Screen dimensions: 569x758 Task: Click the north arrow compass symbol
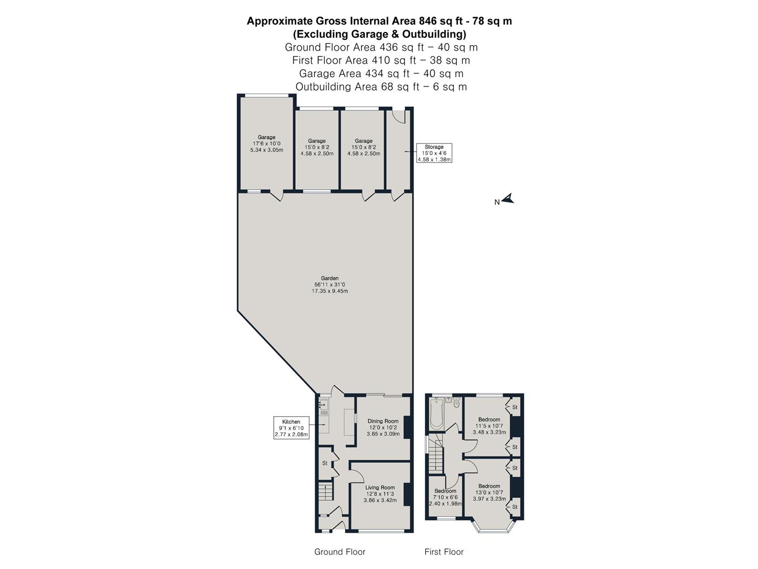(x=507, y=199)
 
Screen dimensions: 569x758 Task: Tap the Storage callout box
(x=434, y=153)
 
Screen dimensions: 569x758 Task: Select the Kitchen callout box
(x=291, y=428)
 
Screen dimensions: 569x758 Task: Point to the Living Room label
(x=380, y=494)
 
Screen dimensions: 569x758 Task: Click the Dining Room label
(x=383, y=427)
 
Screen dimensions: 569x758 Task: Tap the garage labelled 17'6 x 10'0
(x=266, y=143)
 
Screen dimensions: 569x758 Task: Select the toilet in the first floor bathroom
(x=456, y=404)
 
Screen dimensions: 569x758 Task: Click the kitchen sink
(x=323, y=405)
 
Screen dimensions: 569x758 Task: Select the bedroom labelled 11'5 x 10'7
(x=489, y=426)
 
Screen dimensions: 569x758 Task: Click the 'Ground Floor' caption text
(x=340, y=552)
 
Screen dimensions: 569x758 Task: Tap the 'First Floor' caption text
(x=444, y=552)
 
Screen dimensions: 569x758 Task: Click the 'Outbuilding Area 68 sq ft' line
(x=381, y=86)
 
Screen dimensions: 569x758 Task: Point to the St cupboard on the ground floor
(x=325, y=463)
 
